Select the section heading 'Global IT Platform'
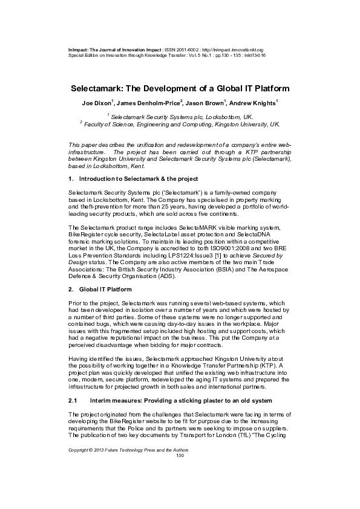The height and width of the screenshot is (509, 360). pos(106,290)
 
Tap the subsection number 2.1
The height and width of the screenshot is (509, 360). pos(73,401)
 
